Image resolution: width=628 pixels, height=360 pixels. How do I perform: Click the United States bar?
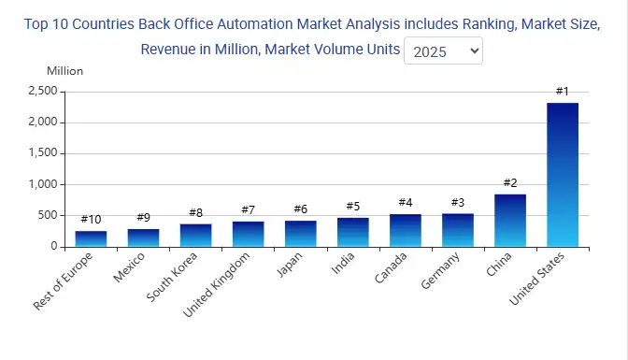tap(562, 175)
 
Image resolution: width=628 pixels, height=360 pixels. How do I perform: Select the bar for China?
tap(509, 221)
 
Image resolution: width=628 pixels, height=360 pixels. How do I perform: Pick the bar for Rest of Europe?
tap(91, 238)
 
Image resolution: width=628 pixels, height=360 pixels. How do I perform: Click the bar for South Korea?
tap(195, 235)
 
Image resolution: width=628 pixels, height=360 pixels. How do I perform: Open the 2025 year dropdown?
tap(443, 50)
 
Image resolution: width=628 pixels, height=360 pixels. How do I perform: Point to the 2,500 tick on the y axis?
tap(43, 91)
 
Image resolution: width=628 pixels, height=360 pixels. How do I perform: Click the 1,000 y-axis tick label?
tap(43, 184)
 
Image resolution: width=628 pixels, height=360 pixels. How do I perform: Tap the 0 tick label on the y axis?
tap(54, 247)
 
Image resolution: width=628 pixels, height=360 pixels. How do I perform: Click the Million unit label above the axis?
tap(64, 71)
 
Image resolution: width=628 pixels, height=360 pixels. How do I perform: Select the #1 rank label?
tap(562, 91)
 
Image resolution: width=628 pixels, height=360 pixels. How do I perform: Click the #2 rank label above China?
tap(509, 182)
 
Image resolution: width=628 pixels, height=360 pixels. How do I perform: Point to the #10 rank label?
tap(91, 219)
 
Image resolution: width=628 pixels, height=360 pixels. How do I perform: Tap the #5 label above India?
tap(352, 206)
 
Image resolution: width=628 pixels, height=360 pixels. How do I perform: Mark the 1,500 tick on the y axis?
tap(43, 153)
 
